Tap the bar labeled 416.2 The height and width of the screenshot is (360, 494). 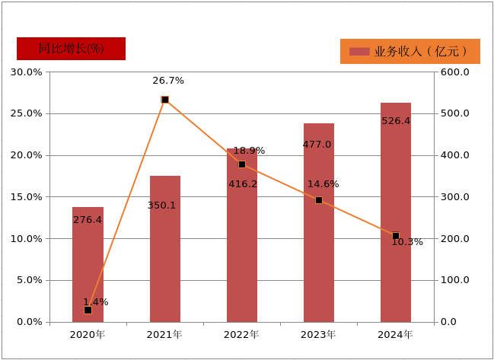pyautogui.click(x=241, y=235)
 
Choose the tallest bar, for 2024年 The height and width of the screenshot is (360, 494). pyautogui.click(x=395, y=212)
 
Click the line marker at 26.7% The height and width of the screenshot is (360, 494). pyautogui.click(x=164, y=100)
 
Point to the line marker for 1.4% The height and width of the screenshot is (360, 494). pyautogui.click(x=88, y=310)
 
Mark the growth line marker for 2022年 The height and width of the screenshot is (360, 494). pyautogui.click(x=241, y=164)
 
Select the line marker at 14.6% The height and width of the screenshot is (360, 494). pyautogui.click(x=318, y=200)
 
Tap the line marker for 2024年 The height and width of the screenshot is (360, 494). pyautogui.click(x=395, y=236)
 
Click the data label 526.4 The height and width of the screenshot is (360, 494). pyautogui.click(x=395, y=121)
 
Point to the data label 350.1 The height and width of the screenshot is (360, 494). pyautogui.click(x=161, y=205)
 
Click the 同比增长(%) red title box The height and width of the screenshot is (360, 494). pyautogui.click(x=71, y=49)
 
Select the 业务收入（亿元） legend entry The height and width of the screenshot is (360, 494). pyautogui.click(x=410, y=52)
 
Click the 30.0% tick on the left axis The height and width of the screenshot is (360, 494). pyautogui.click(x=26, y=72)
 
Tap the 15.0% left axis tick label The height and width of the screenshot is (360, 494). pyautogui.click(x=26, y=197)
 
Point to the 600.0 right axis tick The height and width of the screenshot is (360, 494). pyautogui.click(x=455, y=72)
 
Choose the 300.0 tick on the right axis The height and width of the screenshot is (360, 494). pyautogui.click(x=455, y=197)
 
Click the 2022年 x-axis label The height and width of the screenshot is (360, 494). pyautogui.click(x=241, y=334)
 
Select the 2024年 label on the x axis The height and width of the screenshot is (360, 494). pyautogui.click(x=395, y=334)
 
